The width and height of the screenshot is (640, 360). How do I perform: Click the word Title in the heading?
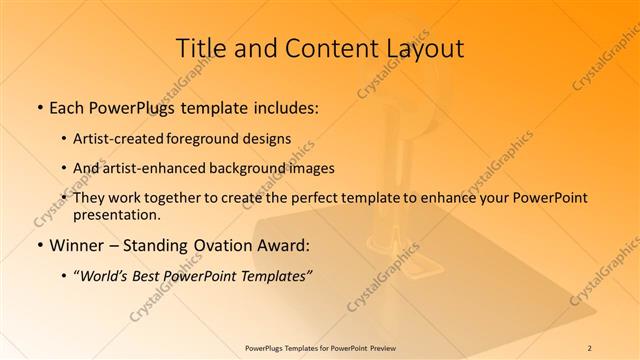coord(201,49)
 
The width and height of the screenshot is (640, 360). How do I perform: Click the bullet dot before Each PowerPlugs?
coord(38,106)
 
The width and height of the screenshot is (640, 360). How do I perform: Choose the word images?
coord(310,168)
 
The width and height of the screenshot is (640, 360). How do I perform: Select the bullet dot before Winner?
coord(38,245)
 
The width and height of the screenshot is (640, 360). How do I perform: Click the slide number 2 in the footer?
coord(590,347)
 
